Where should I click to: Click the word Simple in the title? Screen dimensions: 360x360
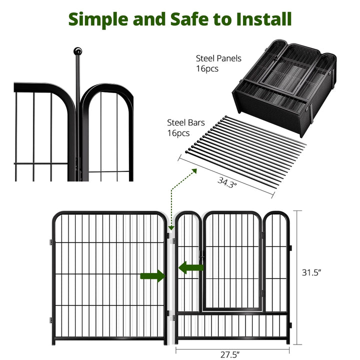pyautogui.click(x=98, y=20)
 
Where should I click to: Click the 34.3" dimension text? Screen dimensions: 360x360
pyautogui.click(x=226, y=182)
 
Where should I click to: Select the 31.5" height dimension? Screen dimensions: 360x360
pyautogui.click(x=311, y=272)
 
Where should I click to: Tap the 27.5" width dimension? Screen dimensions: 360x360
pyautogui.click(x=230, y=354)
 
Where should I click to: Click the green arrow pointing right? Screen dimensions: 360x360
pyautogui.click(x=152, y=276)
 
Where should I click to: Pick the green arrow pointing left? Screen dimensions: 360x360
pyautogui.click(x=191, y=267)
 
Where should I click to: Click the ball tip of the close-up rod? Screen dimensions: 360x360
pyautogui.click(x=77, y=51)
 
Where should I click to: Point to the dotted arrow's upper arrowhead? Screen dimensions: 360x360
pyautogui.click(x=194, y=171)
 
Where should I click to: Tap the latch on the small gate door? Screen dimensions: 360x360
pyautogui.click(x=202, y=255)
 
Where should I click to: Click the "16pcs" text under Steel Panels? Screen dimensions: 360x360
pyautogui.click(x=207, y=68)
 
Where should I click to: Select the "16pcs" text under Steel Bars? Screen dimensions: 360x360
pyautogui.click(x=178, y=133)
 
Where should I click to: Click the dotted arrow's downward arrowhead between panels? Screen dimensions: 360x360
pyautogui.click(x=171, y=228)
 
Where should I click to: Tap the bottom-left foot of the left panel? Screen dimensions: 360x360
pyautogui.click(x=53, y=343)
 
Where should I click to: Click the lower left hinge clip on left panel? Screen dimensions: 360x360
pyautogui.click(x=50, y=320)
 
